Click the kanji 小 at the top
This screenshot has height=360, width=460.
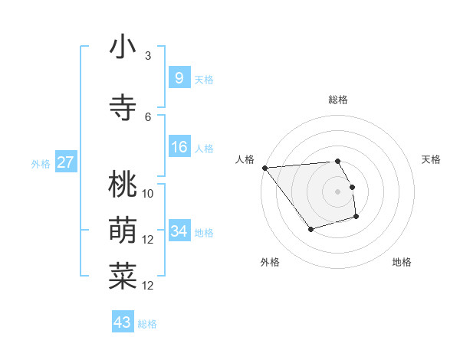pyautogui.click(x=123, y=47)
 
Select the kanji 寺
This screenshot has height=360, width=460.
pyautogui.click(x=123, y=108)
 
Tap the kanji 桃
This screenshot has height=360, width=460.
pyautogui.click(x=123, y=185)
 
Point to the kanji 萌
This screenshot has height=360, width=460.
pyautogui.click(x=123, y=231)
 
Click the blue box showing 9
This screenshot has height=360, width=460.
pyautogui.click(x=179, y=77)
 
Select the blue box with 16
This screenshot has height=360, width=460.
pyautogui.click(x=179, y=147)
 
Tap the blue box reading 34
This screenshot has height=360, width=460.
pyautogui.click(x=179, y=231)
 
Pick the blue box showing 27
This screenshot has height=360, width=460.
pyautogui.click(x=65, y=162)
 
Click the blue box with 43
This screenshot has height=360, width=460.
pyautogui.click(x=123, y=322)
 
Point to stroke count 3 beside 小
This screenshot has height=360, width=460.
pyautogui.click(x=148, y=55)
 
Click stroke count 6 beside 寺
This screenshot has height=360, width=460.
pyautogui.click(x=148, y=116)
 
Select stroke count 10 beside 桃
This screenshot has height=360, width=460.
pyautogui.click(x=148, y=193)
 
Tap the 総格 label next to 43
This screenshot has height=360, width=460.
pyautogui.click(x=147, y=324)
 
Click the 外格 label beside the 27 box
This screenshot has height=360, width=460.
pyautogui.click(x=41, y=163)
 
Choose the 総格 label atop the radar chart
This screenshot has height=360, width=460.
pyautogui.click(x=337, y=100)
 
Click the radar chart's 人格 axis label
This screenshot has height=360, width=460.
pyautogui.click(x=245, y=159)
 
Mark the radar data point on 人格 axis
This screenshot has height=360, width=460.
pyautogui.click(x=264, y=168)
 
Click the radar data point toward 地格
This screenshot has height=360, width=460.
pyautogui.click(x=356, y=218)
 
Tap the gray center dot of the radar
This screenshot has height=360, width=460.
pyautogui.click(x=337, y=191)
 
